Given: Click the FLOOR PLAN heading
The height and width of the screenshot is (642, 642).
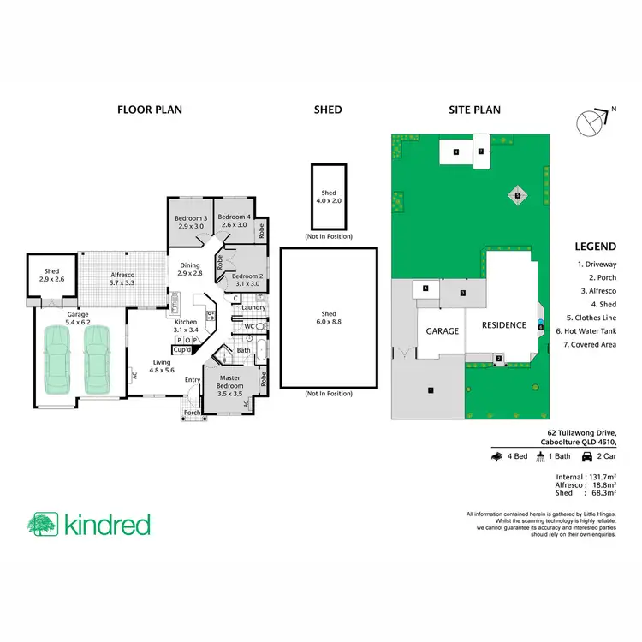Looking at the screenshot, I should click(x=149, y=110).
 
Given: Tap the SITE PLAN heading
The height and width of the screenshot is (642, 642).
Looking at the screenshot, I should click(x=475, y=110).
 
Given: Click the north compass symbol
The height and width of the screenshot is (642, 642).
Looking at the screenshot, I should click(x=592, y=123).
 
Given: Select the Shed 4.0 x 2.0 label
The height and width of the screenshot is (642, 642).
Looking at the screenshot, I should click(x=330, y=197).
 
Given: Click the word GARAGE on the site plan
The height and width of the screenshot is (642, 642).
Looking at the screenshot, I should click(x=443, y=330).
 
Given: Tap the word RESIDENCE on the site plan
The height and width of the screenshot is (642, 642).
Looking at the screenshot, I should click(x=503, y=325).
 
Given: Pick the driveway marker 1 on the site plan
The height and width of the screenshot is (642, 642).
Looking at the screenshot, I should click(x=431, y=390).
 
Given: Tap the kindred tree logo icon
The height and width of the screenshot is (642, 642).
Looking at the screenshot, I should click(x=43, y=525).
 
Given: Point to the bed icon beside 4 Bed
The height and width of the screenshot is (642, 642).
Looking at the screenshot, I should click(x=496, y=457).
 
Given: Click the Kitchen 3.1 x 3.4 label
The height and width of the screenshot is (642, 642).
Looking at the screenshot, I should click(x=186, y=325).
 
